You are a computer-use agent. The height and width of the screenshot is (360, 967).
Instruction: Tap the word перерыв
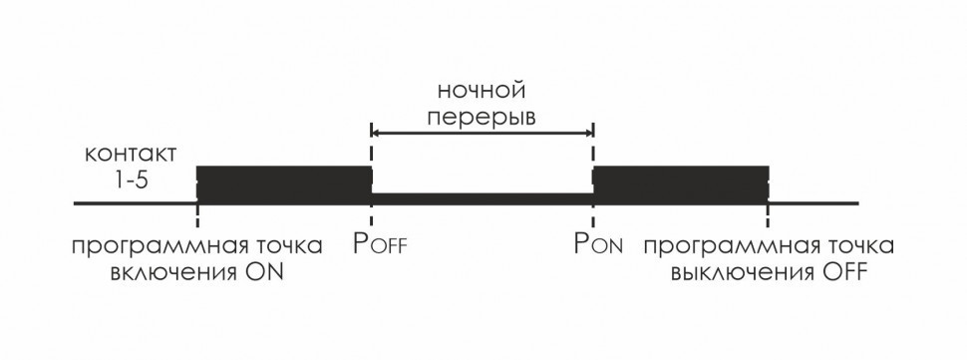coord(481,117)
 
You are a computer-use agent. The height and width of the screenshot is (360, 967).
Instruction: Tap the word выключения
coord(734,271)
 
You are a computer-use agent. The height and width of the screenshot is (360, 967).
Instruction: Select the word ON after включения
coord(264,271)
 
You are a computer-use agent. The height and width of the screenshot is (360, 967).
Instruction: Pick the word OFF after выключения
coord(839,271)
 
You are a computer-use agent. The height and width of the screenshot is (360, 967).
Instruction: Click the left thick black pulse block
coord(284,184)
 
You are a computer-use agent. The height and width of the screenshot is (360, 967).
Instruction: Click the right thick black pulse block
coord(681,184)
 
